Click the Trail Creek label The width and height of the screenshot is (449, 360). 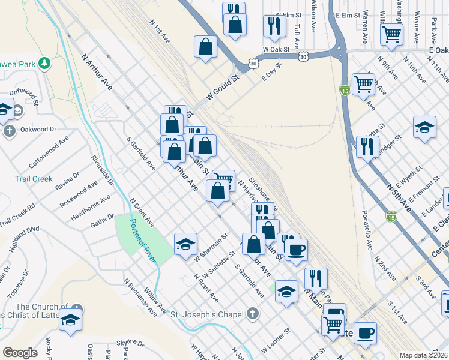click(34, 179)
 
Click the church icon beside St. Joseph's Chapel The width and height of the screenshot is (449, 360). click(253, 314)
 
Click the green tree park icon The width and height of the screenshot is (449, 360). click(44, 63)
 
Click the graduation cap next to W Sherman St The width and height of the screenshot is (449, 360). click(186, 243)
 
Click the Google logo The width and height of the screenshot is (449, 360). click(20, 353)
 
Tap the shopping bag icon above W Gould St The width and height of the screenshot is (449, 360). click(205, 47)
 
